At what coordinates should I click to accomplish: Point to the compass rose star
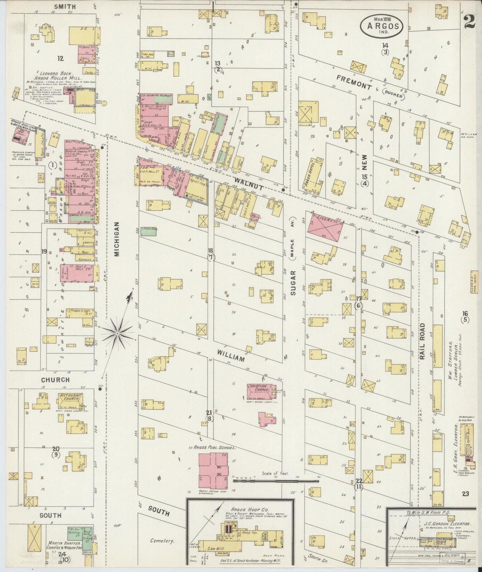pos(117,333)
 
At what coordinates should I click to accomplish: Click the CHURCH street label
pos(55,380)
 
